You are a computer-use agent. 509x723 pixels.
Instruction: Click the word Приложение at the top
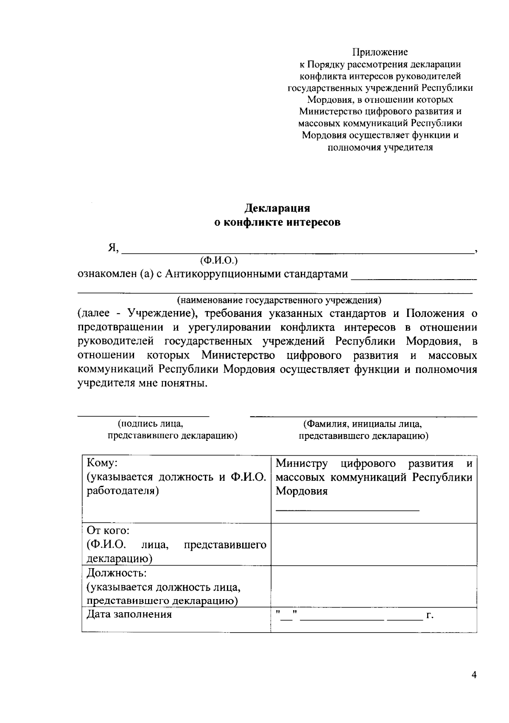(x=380, y=52)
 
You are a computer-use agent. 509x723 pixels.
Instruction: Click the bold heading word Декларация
(x=277, y=208)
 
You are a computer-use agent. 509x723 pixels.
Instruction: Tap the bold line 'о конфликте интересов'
(x=277, y=222)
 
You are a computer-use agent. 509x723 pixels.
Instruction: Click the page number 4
(x=474, y=675)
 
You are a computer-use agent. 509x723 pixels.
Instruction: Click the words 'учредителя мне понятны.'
(x=143, y=384)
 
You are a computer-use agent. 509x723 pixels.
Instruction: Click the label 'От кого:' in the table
(x=108, y=531)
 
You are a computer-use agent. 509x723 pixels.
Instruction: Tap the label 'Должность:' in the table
(x=116, y=573)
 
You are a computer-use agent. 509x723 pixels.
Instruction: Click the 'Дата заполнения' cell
(x=129, y=614)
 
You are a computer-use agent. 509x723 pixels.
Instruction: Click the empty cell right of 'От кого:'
(x=373, y=544)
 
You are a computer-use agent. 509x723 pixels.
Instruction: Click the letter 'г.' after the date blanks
(x=430, y=615)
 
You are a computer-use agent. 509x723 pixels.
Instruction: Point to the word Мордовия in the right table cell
(x=302, y=491)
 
